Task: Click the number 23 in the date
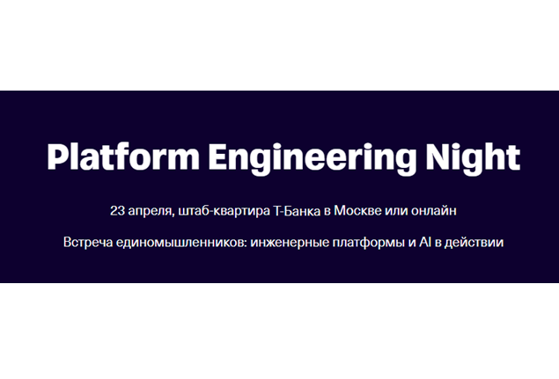click(x=117, y=210)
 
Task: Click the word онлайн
click(x=437, y=210)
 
